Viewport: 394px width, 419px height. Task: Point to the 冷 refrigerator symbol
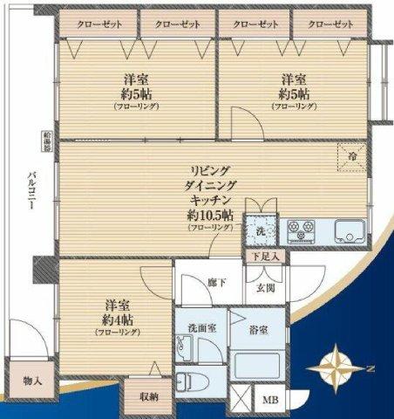click(351, 155)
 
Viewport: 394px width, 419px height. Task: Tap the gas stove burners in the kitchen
click(302, 231)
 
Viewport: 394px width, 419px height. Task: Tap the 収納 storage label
click(147, 397)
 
